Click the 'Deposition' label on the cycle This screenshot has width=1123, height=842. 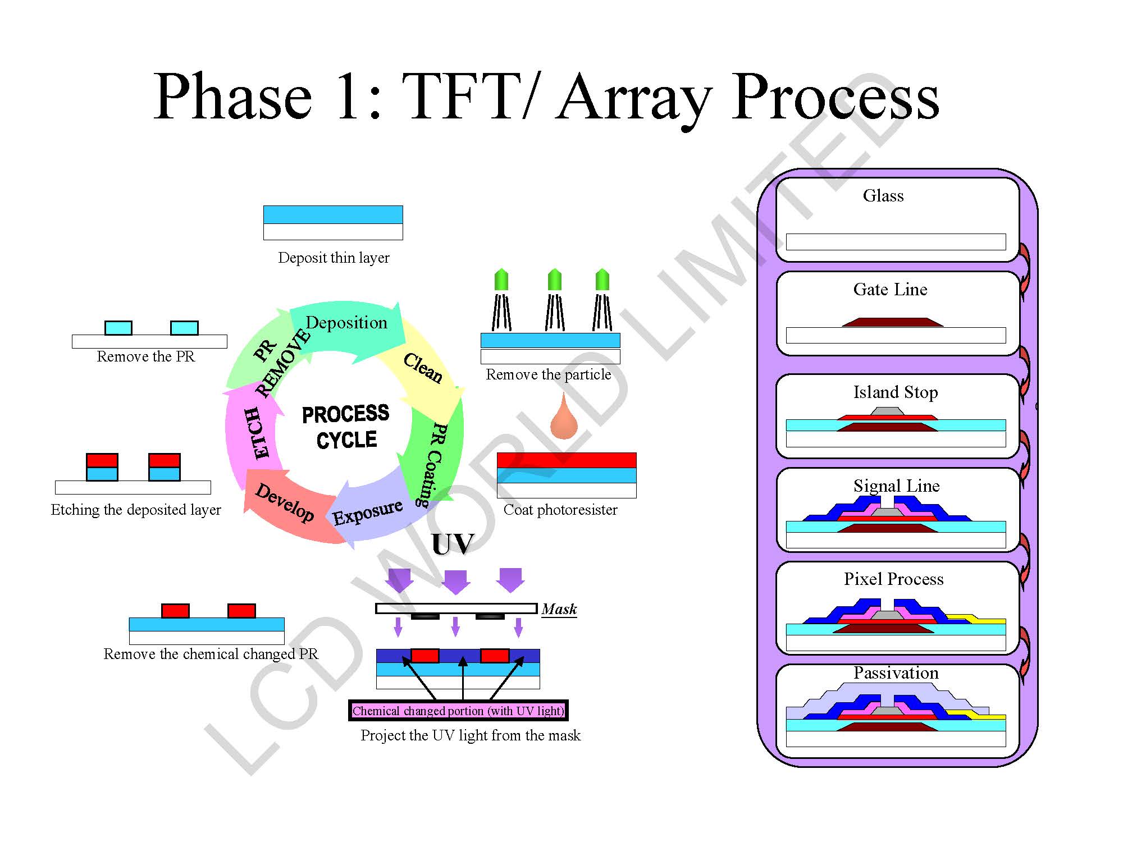[x=346, y=323]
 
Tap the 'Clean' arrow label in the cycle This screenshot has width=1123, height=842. [x=423, y=368]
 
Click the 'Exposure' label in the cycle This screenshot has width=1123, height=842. [x=368, y=511]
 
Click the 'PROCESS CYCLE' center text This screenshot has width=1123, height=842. [x=346, y=427]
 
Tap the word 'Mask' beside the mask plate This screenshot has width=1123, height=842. [x=559, y=609]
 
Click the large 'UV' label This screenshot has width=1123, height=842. [x=453, y=544]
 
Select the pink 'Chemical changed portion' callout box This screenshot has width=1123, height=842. [x=458, y=711]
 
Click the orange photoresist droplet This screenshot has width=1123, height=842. [x=564, y=419]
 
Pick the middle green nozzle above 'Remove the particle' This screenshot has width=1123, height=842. [x=554, y=280]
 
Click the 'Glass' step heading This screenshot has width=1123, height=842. [x=883, y=196]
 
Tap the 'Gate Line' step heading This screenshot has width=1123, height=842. [x=890, y=290]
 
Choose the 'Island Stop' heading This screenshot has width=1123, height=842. [x=896, y=392]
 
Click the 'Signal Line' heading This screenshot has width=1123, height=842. [x=896, y=486]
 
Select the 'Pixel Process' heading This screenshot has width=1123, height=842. [x=893, y=579]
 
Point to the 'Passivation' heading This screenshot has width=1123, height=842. [x=896, y=672]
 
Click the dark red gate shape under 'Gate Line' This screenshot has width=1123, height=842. [x=892, y=322]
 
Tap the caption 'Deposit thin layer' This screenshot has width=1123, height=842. [x=334, y=258]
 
